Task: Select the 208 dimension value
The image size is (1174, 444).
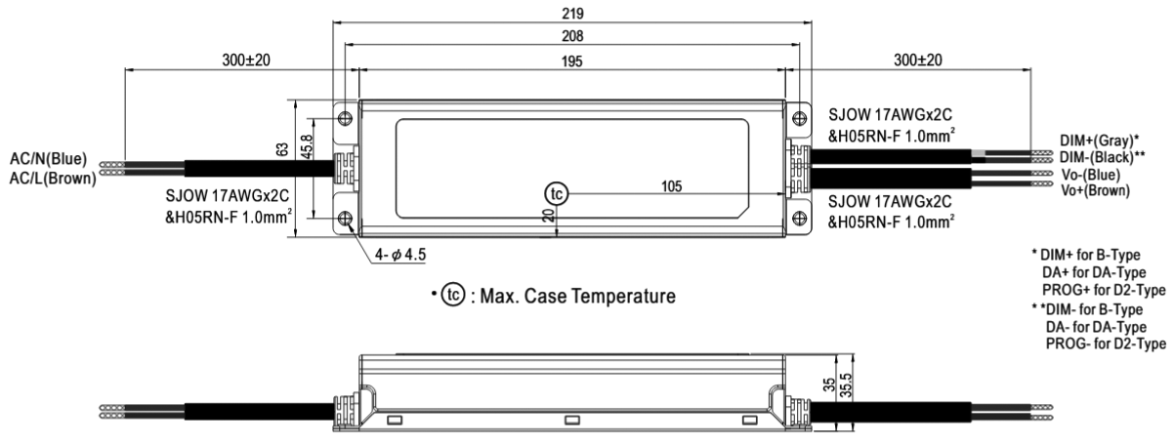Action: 573,37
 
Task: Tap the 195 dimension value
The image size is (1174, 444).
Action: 572,62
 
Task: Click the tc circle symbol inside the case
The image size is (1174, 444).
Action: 556,194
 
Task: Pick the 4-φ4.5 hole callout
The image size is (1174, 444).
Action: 399,255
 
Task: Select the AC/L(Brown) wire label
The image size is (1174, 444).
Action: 53,178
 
